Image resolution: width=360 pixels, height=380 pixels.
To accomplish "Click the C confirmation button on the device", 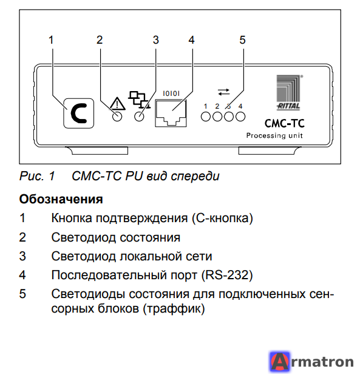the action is [78, 113].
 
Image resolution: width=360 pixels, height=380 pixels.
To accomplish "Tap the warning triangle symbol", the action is [117, 103].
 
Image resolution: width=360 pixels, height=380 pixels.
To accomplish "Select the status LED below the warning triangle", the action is [117, 117].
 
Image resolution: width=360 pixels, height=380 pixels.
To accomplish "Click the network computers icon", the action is [139, 100].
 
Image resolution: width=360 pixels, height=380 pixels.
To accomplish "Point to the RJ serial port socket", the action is [171, 113].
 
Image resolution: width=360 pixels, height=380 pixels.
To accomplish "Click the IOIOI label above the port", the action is [171, 93].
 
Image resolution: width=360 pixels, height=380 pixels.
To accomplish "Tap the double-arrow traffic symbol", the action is [223, 92].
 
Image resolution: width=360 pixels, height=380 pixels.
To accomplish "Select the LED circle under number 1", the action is [206, 117].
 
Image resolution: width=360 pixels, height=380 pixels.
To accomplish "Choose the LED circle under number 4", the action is [240, 117].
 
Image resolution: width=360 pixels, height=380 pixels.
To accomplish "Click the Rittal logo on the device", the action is [288, 92].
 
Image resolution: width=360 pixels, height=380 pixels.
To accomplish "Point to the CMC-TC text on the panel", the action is [284, 123].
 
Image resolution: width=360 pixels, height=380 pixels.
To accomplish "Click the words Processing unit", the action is [274, 135].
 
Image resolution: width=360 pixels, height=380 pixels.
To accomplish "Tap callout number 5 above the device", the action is [242, 40].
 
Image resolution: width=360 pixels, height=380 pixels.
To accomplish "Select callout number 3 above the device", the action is [156, 40].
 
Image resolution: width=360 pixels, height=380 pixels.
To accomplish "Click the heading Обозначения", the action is [61, 199].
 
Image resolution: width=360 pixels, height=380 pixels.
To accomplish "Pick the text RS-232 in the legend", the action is [227, 275].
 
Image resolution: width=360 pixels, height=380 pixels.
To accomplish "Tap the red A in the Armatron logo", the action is [280, 362].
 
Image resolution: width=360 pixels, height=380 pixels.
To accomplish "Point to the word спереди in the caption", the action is [195, 176].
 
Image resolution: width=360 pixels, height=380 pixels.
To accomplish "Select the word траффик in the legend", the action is [174, 308].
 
